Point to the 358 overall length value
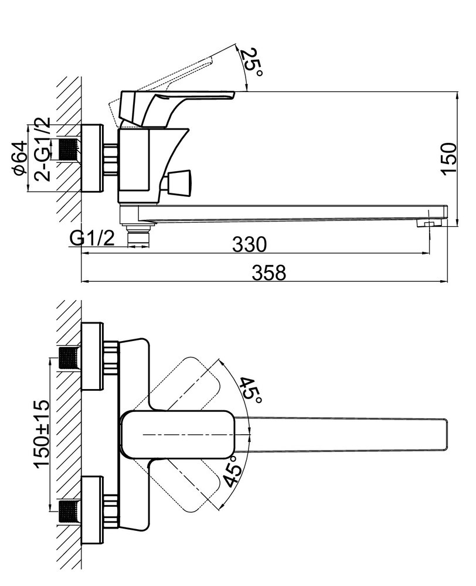tap(269, 272)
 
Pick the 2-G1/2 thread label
tap(42, 149)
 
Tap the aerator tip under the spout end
tap(427, 223)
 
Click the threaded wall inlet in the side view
tap(70, 149)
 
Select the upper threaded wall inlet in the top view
tap(70, 356)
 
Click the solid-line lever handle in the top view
tap(179, 435)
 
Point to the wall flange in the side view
tap(91, 158)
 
